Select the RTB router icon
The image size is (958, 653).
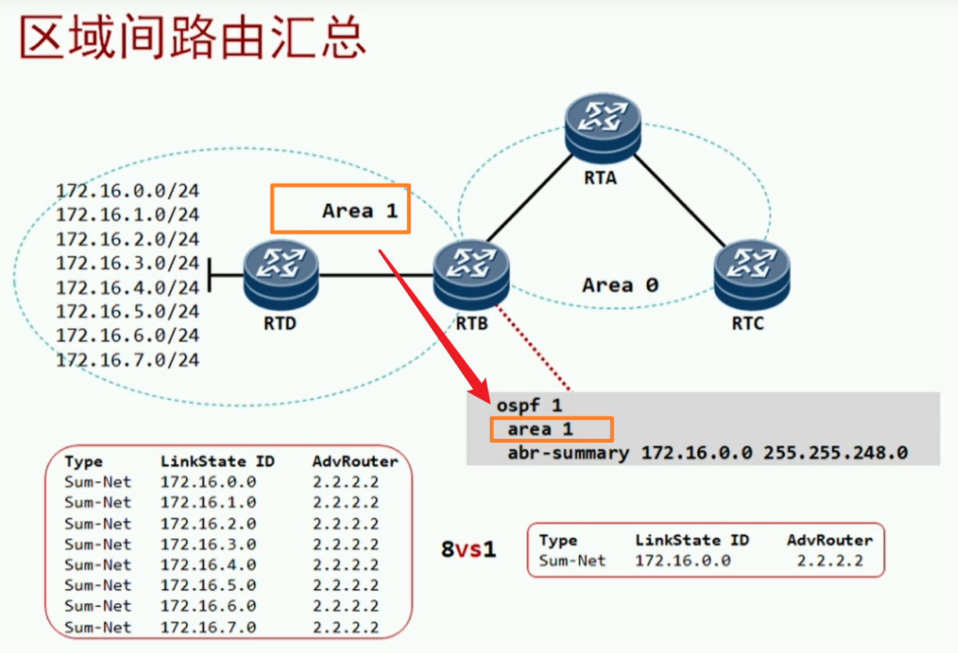[x=471, y=274]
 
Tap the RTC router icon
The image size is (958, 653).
[x=751, y=274]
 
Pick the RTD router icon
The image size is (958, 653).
[x=281, y=274]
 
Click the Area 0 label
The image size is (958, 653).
[x=620, y=285]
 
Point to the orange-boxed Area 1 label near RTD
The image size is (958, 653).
[x=359, y=210]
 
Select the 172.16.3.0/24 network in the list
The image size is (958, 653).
[x=127, y=262]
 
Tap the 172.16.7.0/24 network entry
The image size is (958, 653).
[x=127, y=360]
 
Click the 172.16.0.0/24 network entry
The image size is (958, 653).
[x=127, y=190]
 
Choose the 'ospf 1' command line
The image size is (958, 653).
[x=528, y=406]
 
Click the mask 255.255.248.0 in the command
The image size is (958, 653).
[x=835, y=452]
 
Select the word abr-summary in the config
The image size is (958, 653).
[x=567, y=452]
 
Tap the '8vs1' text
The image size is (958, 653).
[x=468, y=549]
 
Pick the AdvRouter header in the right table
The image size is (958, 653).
[x=829, y=541]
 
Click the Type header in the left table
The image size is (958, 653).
[x=84, y=462]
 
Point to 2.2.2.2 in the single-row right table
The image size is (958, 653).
[x=830, y=560]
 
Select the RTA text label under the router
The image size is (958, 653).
[x=600, y=177]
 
